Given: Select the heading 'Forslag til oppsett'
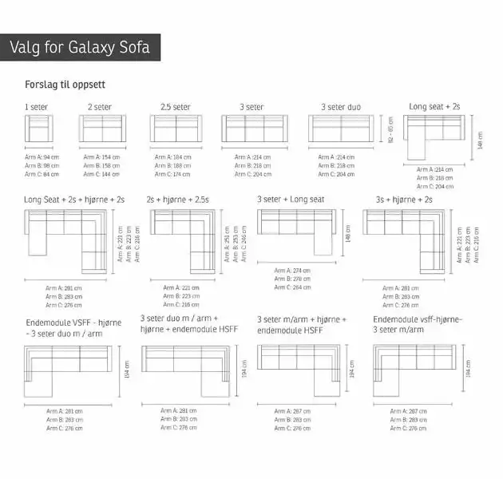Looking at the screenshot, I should pyautogui.click(x=65, y=85).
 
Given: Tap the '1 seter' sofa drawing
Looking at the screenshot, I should pyautogui.click(x=39, y=129).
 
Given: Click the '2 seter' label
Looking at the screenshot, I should pyautogui.click(x=100, y=106).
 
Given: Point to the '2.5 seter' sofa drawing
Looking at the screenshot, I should pyautogui.click(x=175, y=129).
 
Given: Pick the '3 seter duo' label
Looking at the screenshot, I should pyautogui.click(x=341, y=106).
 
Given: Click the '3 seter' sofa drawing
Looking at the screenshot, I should pyautogui.click(x=254, y=129).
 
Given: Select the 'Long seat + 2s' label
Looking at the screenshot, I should pyautogui.click(x=434, y=105).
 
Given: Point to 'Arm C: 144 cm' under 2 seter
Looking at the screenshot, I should pyautogui.click(x=101, y=173).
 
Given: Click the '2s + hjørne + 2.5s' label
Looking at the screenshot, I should pyautogui.click(x=177, y=199).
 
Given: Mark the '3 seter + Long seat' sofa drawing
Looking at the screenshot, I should pyautogui.click(x=296, y=228).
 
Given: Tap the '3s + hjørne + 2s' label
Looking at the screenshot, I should pyautogui.click(x=404, y=199).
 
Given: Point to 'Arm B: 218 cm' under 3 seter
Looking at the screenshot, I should pyautogui.click(x=253, y=165).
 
